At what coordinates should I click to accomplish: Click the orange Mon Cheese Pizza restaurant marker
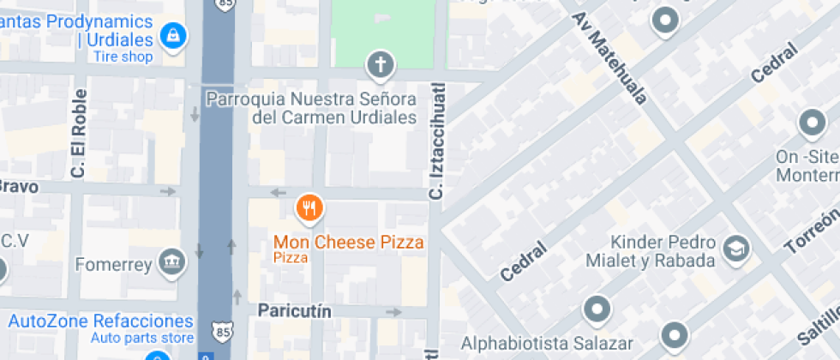[x=309, y=207]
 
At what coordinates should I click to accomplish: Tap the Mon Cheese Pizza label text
[x=348, y=243]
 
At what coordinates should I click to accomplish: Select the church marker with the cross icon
[x=380, y=63]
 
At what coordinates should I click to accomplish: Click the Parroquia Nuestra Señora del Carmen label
[x=312, y=108]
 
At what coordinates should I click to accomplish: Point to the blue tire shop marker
[x=173, y=36]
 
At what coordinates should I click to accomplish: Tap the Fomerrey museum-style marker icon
[x=173, y=261]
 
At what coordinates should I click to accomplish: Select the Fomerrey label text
[x=113, y=263]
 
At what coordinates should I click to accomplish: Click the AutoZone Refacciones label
[x=101, y=321]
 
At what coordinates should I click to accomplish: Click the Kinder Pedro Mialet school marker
[x=735, y=249]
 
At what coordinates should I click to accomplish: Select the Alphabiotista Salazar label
[x=537, y=345]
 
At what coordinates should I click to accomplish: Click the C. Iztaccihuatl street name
[x=436, y=142]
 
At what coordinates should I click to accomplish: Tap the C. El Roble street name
[x=79, y=134]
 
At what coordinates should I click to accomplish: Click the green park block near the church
[x=382, y=26]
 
